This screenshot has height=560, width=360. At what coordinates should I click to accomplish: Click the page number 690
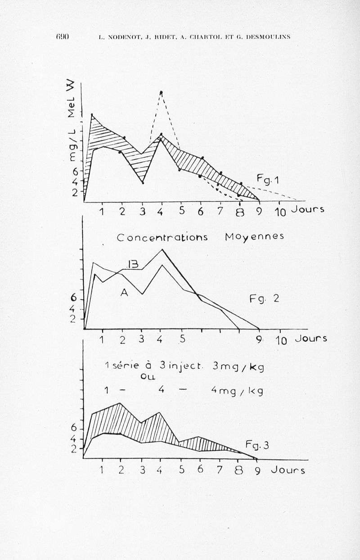point(62,36)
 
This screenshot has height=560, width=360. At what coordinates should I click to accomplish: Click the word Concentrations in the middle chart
point(162,237)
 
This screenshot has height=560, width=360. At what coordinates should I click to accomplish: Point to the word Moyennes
point(254,237)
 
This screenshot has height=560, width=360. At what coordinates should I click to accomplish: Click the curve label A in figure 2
point(124,293)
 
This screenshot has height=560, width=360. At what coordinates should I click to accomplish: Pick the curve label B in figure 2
point(133,265)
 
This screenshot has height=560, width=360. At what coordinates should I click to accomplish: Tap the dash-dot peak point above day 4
point(161,93)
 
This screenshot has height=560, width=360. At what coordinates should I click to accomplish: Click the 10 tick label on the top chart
point(280,212)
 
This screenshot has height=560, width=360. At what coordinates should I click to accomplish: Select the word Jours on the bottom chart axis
point(288,470)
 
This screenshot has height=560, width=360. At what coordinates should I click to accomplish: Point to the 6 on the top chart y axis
point(75,171)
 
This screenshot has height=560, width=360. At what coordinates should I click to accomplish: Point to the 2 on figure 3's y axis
point(74,449)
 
